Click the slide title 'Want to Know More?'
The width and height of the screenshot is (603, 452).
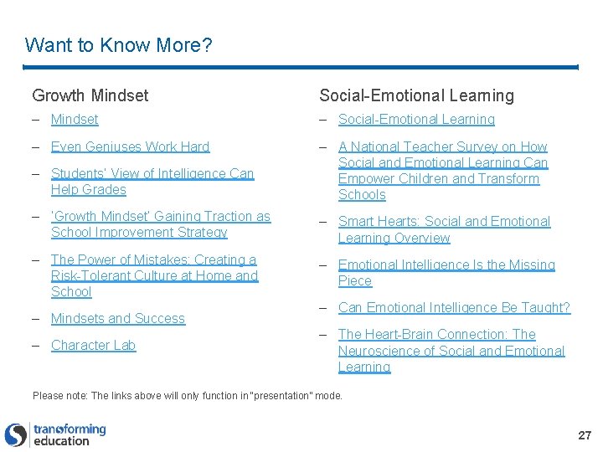118,44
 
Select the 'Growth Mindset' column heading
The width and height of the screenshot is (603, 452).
90,95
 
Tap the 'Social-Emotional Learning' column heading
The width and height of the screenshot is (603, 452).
416,95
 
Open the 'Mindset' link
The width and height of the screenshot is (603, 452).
75,120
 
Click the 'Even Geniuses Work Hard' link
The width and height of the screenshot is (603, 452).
130,146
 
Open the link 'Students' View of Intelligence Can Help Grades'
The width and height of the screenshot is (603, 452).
152,182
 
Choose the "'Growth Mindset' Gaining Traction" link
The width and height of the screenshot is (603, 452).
160,224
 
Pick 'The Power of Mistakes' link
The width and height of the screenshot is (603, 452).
154,275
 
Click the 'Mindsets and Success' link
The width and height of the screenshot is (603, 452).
117,318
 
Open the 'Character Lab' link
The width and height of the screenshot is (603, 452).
93,345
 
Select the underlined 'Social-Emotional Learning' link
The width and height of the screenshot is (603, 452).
416,120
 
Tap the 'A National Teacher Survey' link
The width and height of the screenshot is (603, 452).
442,171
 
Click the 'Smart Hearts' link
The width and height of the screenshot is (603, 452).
444,229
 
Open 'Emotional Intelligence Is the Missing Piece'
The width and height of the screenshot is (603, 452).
446,273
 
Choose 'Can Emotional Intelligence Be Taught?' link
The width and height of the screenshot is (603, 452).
454,307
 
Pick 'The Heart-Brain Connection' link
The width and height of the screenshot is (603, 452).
451,351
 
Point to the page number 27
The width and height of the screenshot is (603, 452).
585,435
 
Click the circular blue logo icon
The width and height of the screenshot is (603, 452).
16,434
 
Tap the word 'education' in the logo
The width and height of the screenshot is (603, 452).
61,441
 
